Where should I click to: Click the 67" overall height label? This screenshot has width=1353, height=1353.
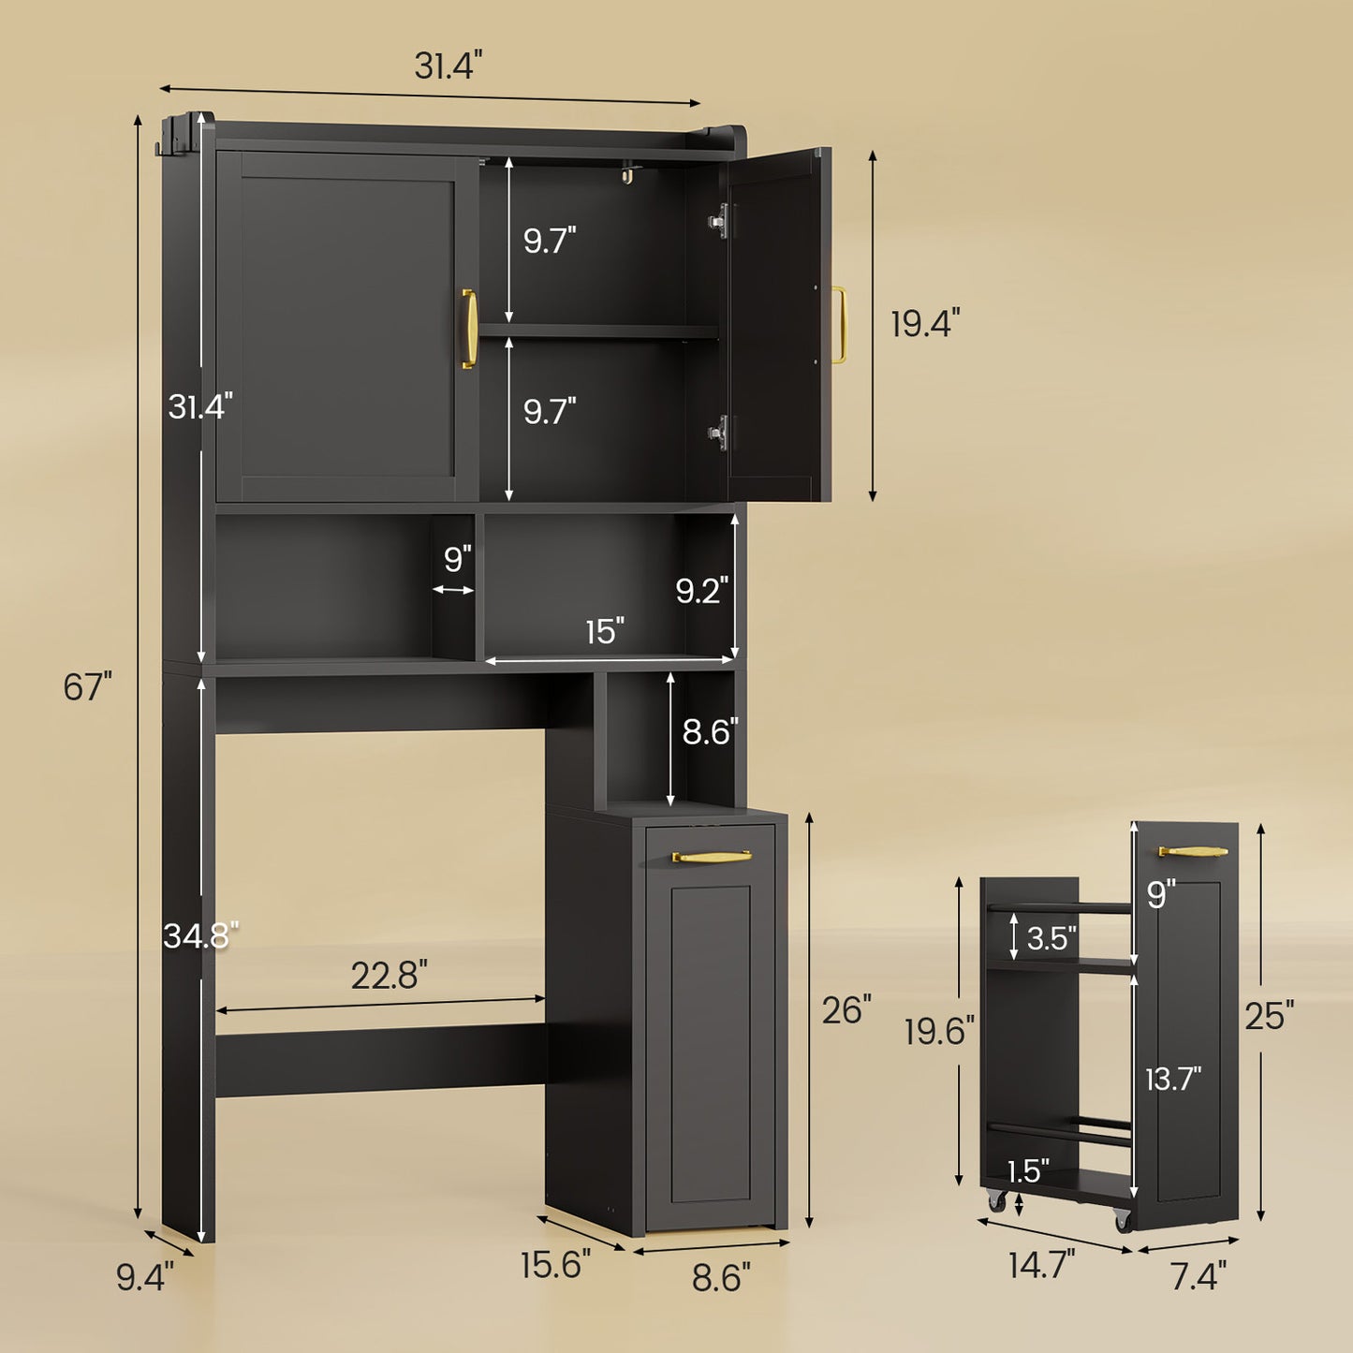pos(87,687)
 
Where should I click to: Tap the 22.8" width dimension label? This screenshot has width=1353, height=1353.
pos(389,976)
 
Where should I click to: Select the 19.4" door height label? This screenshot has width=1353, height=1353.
pos(924,324)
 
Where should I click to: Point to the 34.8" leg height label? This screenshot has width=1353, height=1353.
pos(200,934)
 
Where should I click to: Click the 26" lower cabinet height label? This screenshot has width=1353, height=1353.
pos(846,1010)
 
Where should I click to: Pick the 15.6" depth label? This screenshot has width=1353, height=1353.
pos(555,1265)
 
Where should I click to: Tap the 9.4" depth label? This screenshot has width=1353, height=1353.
pos(144,1277)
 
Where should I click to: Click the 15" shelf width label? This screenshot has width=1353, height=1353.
pos(605,632)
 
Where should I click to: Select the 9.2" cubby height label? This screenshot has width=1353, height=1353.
pos(702,590)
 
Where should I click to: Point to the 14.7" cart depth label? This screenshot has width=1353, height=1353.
pos(1041,1265)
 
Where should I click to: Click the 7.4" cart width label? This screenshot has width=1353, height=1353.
pos(1199,1275)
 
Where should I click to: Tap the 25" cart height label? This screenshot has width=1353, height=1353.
pos(1269,1015)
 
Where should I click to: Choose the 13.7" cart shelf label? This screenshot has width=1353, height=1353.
pos(1173,1080)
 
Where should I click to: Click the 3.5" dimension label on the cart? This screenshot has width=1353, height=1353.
pos(1052,938)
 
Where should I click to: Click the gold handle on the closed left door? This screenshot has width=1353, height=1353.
pos(469,329)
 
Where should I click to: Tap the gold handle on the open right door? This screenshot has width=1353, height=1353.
pos(839,325)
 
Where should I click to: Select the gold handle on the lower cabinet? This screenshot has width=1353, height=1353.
pos(712,856)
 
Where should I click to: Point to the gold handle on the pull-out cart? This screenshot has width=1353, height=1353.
pos(1193,852)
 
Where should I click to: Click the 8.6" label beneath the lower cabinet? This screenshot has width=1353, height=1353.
pos(721,1277)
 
